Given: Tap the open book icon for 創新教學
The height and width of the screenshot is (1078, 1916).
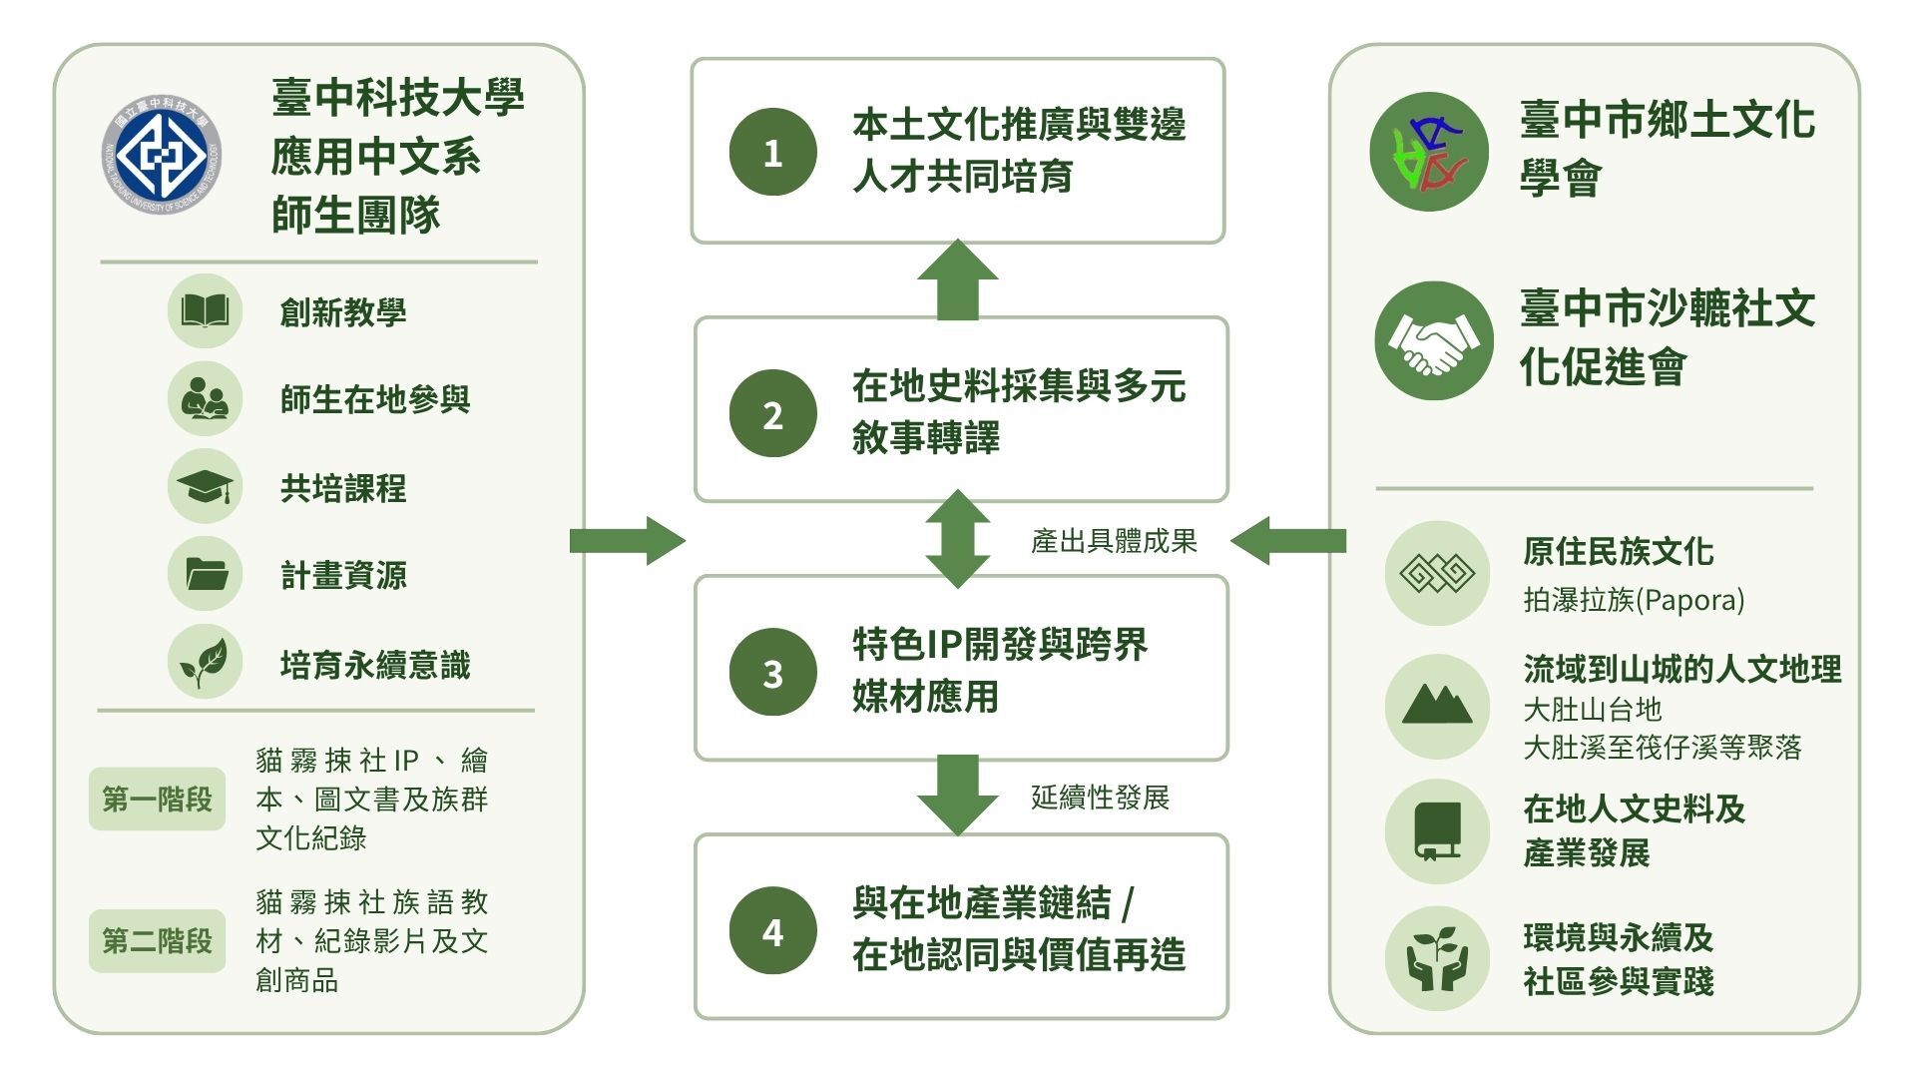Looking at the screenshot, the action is click(x=205, y=311).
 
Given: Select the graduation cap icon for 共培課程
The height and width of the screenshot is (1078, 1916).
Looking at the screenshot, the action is click(x=205, y=487).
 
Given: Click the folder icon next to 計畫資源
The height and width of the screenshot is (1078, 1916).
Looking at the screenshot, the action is click(x=205, y=574).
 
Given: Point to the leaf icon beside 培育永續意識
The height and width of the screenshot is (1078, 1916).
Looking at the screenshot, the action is click(x=205, y=662).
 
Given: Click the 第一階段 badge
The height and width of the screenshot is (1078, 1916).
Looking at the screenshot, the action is click(x=157, y=799).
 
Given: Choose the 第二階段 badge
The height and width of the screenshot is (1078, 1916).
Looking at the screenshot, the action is click(x=157, y=940).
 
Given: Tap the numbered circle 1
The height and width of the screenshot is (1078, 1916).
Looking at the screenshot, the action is click(x=772, y=152).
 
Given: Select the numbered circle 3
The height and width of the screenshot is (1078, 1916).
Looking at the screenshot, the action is click(x=772, y=673).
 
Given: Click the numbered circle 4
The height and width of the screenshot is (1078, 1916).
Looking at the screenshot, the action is click(x=772, y=931).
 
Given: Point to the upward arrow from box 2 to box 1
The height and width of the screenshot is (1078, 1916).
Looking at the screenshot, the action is click(x=958, y=280).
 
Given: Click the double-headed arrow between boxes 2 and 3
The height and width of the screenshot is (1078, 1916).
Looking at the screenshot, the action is click(x=958, y=539).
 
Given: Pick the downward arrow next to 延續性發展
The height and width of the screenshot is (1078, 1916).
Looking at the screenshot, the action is click(x=958, y=796).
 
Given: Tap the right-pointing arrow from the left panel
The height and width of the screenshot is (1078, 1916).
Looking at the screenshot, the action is click(x=628, y=541).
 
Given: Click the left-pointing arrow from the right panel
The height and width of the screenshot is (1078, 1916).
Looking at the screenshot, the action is click(x=1288, y=541).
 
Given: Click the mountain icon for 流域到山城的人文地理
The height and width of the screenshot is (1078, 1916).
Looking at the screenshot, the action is click(x=1437, y=707).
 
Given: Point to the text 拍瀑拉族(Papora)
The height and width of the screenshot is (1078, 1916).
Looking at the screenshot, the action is click(x=1634, y=600).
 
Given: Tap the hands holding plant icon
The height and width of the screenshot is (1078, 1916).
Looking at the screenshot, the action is click(x=1437, y=958).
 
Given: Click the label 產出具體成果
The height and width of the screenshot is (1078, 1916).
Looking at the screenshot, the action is click(x=1114, y=541).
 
